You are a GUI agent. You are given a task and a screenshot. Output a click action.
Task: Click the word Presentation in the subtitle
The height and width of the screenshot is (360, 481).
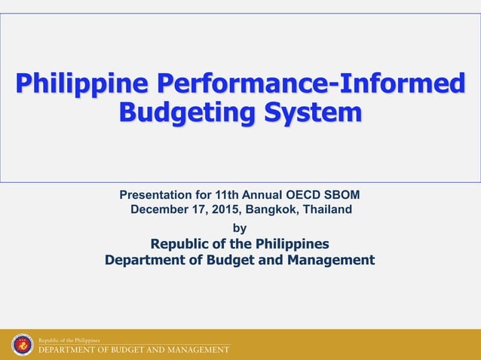pyautogui.click(x=154, y=195)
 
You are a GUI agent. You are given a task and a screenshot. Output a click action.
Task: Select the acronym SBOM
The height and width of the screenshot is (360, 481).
pyautogui.click(x=345, y=195)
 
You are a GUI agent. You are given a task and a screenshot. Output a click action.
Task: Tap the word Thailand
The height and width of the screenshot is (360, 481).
pyautogui.click(x=327, y=209)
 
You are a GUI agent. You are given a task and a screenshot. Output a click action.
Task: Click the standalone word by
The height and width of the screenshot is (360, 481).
pyautogui.click(x=240, y=227)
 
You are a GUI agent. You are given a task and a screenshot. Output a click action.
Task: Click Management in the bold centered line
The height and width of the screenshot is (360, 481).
pyautogui.click(x=331, y=261)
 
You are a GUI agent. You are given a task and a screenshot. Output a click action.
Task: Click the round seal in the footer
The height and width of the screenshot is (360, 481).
pyautogui.click(x=23, y=345)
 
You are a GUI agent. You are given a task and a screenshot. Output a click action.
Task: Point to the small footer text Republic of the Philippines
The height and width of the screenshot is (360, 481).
pyautogui.click(x=69, y=340)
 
